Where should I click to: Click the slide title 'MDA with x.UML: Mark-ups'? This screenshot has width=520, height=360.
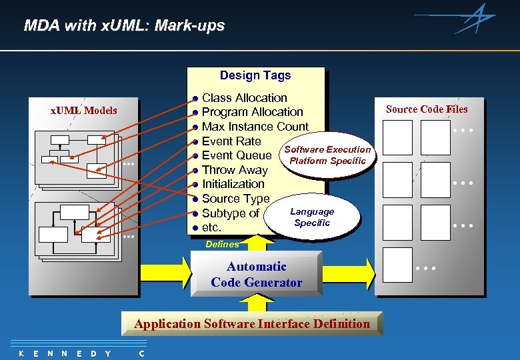[124, 26]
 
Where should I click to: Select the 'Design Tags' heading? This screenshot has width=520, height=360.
[255, 75]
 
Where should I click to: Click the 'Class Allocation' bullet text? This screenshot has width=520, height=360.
[244, 98]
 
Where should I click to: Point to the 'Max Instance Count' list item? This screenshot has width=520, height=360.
[255, 127]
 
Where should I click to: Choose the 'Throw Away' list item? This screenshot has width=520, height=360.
[234, 170]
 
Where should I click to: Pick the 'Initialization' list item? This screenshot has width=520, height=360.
[233, 184]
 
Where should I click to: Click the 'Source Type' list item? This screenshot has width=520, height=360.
[235, 199]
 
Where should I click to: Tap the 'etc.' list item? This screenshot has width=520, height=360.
[211, 227]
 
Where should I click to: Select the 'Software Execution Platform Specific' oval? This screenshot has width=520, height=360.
[327, 155]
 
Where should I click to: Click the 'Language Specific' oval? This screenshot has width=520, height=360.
[312, 217]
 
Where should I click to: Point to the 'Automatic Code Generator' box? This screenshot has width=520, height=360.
[256, 274]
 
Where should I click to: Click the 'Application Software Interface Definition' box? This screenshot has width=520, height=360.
[251, 324]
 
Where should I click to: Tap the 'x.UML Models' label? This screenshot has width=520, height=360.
[84, 111]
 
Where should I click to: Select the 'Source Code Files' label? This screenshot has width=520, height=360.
[427, 109]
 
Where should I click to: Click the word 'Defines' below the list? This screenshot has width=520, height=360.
[222, 245]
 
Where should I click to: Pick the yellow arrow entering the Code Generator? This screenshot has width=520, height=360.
[163, 273]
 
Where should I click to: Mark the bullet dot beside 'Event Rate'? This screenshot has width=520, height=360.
[195, 141]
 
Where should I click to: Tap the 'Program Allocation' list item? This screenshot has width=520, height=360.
[252, 112]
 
